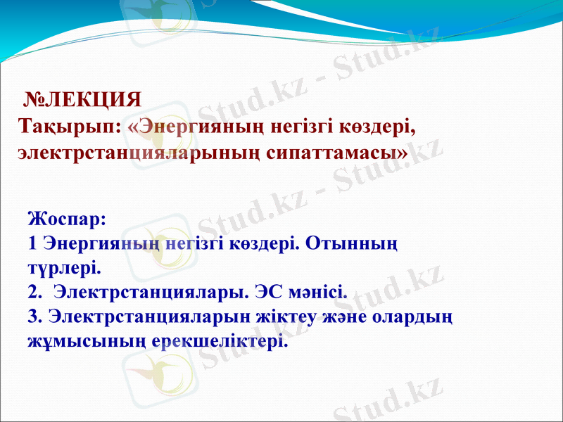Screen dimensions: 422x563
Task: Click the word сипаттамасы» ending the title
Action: coord(339,153)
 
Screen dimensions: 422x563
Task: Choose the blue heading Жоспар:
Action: coord(68,218)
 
